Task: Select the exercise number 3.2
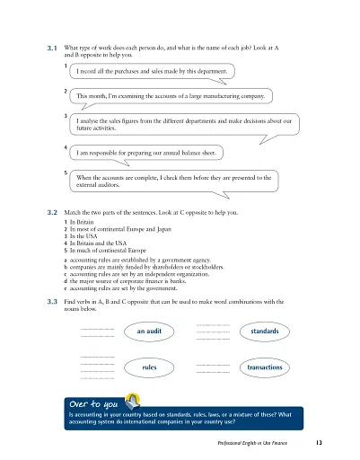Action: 52,212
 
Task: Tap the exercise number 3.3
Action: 52,303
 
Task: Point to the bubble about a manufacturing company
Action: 183,95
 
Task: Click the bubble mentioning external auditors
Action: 180,182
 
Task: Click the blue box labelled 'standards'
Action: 265,332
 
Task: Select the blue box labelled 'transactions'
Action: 265,367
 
